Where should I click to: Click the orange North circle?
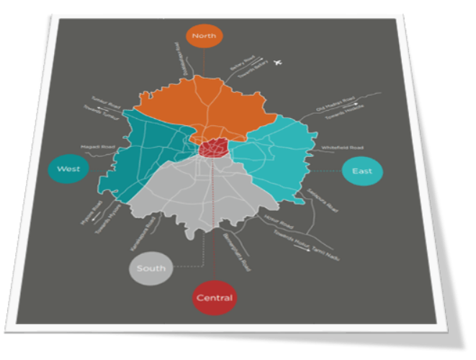(x=205, y=36)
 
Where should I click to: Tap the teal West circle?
(x=68, y=169)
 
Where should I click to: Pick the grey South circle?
(x=150, y=269)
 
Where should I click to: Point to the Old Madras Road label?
(x=336, y=105)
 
